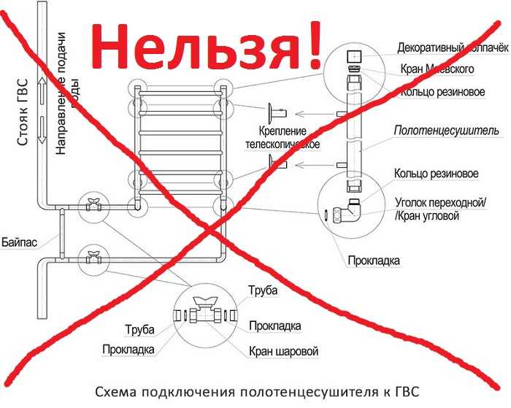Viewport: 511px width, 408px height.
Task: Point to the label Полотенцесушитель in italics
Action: (447, 131)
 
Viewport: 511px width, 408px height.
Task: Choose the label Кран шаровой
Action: (283, 351)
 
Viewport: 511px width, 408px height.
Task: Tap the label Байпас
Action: (20, 239)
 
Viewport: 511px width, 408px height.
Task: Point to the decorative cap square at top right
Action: (353, 55)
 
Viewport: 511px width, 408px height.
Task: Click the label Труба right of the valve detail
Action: (263, 291)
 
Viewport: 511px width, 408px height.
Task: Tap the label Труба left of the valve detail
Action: (139, 328)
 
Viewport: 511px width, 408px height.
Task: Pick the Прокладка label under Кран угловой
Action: (374, 260)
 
